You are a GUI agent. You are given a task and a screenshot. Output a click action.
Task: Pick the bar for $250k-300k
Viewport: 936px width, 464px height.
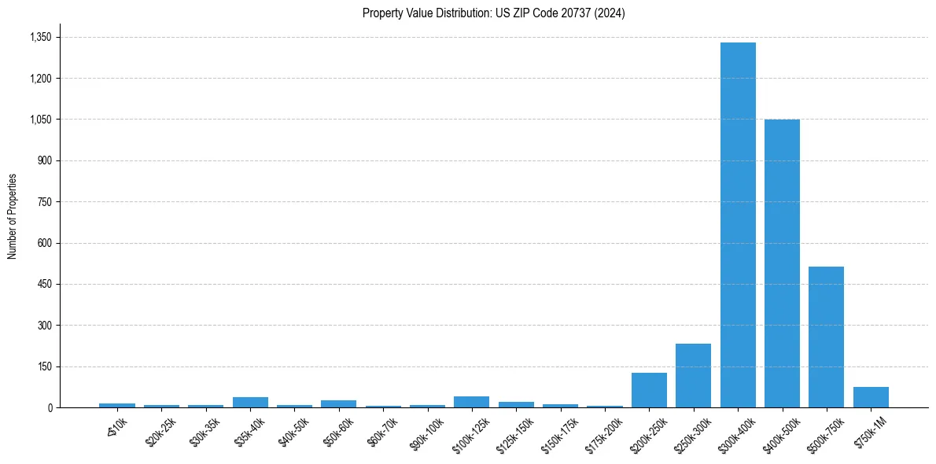pos(693,375)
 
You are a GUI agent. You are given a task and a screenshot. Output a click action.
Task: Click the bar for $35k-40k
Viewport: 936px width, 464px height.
pos(250,402)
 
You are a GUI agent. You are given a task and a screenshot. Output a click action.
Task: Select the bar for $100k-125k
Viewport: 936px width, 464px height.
pos(471,402)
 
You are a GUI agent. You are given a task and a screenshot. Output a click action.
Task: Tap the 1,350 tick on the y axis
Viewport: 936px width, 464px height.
pos(40,37)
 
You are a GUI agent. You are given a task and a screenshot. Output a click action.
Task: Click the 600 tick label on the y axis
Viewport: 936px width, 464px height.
pos(45,243)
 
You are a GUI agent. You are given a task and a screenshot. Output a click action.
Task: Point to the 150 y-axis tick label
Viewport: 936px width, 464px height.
pos(45,366)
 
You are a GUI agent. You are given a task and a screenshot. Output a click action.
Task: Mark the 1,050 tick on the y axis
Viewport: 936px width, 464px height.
pos(40,120)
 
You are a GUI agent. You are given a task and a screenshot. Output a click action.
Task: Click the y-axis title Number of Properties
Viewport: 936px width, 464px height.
pos(12,215)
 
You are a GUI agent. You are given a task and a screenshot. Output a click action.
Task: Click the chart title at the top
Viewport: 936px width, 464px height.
pos(493,13)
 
